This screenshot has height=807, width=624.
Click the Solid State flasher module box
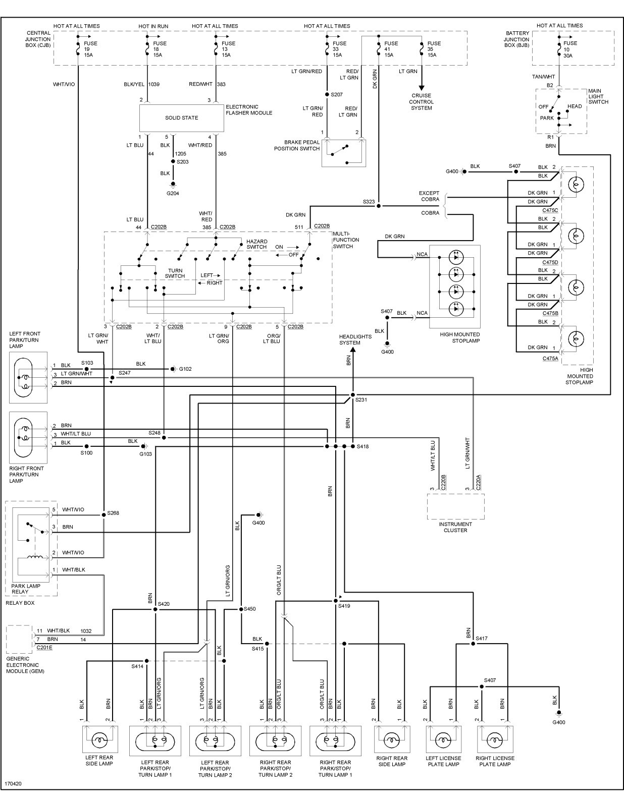point(181,118)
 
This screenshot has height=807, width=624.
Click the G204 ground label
point(173,194)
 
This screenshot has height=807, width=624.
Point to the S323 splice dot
point(379,206)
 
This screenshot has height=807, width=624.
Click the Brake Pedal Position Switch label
point(296,145)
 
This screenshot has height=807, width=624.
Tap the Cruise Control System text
point(422,102)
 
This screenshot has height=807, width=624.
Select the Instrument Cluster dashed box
point(456,506)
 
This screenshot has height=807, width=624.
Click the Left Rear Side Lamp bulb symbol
point(99,740)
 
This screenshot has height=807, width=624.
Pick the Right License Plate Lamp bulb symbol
point(495,740)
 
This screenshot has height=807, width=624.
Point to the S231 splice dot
point(353,395)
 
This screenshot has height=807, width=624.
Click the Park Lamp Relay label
point(26,589)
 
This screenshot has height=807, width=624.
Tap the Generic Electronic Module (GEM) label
point(25,665)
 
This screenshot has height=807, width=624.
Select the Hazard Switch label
point(257,244)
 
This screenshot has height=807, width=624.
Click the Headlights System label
point(355,339)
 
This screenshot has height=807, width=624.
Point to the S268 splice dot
point(103,515)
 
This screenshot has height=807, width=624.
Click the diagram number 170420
point(13,784)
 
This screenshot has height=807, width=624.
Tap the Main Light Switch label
point(598,96)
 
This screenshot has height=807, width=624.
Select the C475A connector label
point(550,359)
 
